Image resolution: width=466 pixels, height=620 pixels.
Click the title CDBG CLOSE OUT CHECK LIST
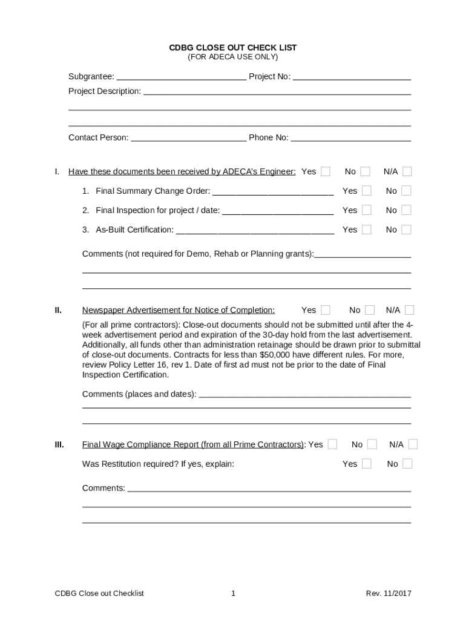click(232, 47)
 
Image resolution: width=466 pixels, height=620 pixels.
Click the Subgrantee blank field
click(181, 77)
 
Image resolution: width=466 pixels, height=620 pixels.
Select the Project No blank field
click(352, 77)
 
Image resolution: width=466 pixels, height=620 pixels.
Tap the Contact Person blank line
click(188, 138)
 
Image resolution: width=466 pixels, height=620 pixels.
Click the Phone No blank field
click(350, 138)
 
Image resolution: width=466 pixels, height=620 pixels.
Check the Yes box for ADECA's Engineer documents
click(326, 171)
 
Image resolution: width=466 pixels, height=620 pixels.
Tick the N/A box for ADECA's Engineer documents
click(407, 171)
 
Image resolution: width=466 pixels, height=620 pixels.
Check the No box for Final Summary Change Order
click(406, 191)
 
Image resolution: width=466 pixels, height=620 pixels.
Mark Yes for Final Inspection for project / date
click(366, 210)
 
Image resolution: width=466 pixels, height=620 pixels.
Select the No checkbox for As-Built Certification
click(406, 229)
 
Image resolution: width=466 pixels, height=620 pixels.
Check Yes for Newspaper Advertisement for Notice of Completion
click(326, 310)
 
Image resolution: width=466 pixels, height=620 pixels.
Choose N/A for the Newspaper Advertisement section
click(410, 310)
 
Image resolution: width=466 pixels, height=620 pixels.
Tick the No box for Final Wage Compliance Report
click(372, 444)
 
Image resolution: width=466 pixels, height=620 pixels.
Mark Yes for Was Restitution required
click(366, 464)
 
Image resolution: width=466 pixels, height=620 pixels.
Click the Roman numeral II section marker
click(58, 310)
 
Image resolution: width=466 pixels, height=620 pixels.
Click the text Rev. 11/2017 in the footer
click(388, 593)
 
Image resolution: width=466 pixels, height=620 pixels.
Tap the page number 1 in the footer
click(233, 593)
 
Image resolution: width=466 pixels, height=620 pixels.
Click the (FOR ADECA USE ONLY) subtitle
click(232, 57)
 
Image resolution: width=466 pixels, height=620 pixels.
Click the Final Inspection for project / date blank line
click(278, 211)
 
